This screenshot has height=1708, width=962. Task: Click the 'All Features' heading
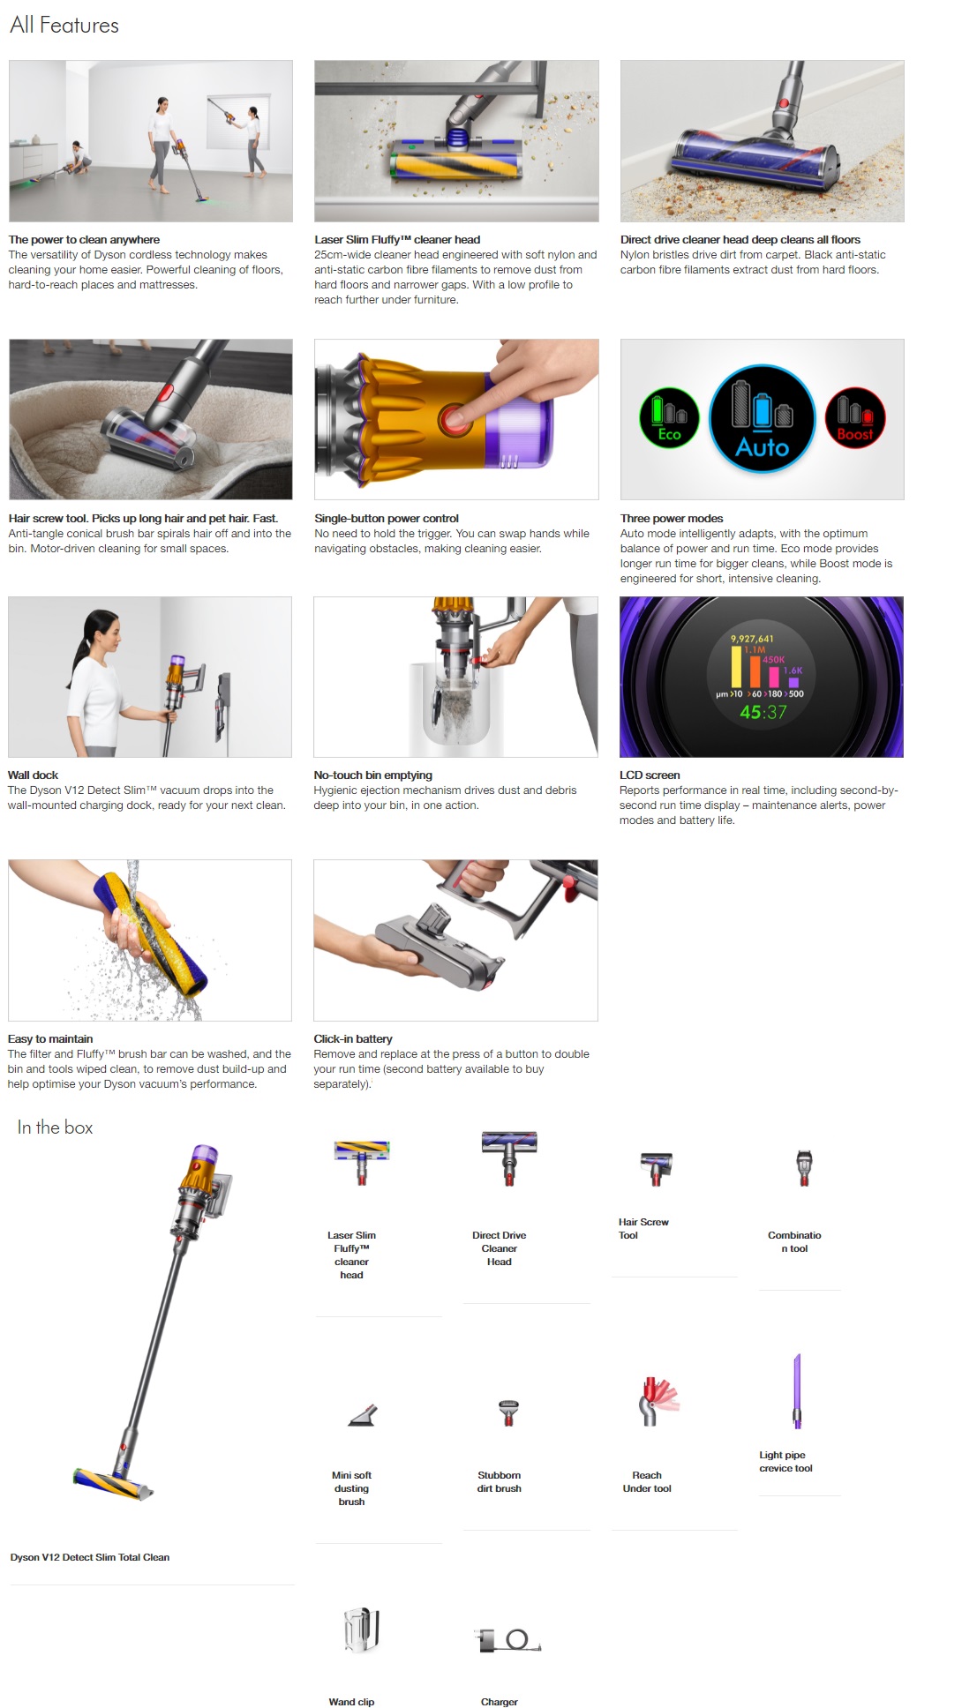click(x=64, y=26)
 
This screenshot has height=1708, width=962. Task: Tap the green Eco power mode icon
click(x=669, y=418)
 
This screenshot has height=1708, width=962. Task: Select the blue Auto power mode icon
click(x=762, y=419)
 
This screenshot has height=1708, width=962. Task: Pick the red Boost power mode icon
click(x=854, y=418)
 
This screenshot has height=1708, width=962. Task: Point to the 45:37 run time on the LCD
click(x=763, y=712)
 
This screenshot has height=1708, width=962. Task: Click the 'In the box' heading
click(x=55, y=1127)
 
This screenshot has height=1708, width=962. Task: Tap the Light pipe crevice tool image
click(x=797, y=1391)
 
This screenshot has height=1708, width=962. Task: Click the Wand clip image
click(x=361, y=1629)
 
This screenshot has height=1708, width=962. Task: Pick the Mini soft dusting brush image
click(x=363, y=1415)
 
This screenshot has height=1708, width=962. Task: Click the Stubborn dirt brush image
click(x=508, y=1412)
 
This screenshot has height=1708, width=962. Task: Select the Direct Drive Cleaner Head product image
click(x=509, y=1156)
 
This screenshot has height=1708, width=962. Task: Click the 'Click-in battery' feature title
click(x=353, y=1039)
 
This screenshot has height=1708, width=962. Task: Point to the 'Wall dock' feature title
click(x=33, y=775)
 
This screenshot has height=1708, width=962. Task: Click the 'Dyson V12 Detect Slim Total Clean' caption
click(x=90, y=1557)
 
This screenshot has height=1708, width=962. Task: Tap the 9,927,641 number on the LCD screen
click(x=752, y=639)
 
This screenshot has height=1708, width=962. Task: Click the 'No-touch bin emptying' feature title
click(x=372, y=775)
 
